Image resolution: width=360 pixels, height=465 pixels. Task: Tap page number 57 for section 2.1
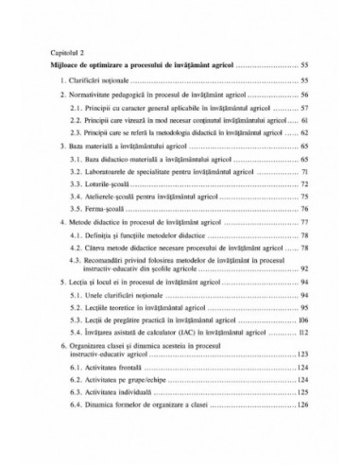coord(306,110)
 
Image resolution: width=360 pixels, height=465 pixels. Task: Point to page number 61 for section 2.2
coord(306,123)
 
